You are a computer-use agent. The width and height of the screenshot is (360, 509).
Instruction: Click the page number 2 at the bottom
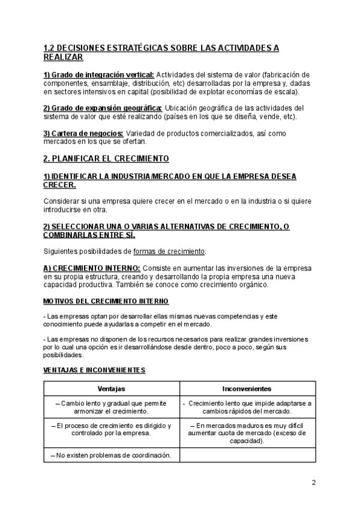click(313, 482)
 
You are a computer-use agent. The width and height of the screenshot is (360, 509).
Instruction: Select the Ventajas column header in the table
click(111, 389)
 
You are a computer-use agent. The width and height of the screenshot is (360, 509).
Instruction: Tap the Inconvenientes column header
click(247, 389)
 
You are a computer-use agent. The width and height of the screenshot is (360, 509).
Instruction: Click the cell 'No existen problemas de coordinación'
click(111, 455)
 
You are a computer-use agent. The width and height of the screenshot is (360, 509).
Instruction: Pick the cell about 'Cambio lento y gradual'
click(111, 408)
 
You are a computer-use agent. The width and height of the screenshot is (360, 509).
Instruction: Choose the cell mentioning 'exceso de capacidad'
click(247, 432)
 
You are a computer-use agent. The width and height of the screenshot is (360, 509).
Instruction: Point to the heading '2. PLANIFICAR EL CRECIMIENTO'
click(106, 158)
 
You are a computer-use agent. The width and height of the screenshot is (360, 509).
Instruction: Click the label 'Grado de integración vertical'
click(98, 74)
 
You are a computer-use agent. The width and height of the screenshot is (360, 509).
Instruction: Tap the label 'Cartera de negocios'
click(83, 133)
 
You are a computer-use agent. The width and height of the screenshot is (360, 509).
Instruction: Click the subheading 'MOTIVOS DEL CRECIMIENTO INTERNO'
click(106, 300)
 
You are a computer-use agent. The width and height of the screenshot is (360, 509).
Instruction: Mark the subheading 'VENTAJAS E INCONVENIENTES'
click(94, 370)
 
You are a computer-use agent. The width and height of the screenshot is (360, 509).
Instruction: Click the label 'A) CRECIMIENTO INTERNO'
click(92, 267)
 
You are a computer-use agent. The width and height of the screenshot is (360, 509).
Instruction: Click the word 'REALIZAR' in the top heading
click(64, 57)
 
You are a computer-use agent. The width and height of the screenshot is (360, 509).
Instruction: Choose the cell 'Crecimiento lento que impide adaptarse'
click(247, 408)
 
